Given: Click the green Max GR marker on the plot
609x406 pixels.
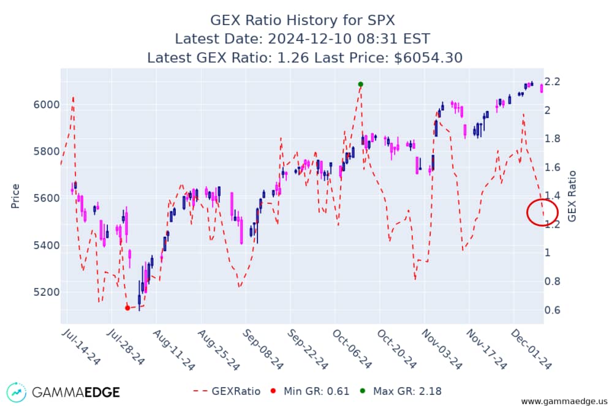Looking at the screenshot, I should point(360,84).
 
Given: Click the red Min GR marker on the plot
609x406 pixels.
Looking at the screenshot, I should point(127,308).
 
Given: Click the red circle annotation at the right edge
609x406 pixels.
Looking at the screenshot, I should point(542,212).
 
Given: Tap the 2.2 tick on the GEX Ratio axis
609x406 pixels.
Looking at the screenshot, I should point(558,82).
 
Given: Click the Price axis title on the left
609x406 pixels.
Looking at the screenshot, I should point(15,196).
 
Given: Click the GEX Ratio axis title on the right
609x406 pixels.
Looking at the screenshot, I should point(572,196).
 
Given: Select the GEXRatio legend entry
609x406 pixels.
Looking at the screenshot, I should point(227,391).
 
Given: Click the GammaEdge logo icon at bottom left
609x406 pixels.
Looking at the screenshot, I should point(17,391).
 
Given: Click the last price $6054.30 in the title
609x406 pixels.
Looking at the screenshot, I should point(425,58).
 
